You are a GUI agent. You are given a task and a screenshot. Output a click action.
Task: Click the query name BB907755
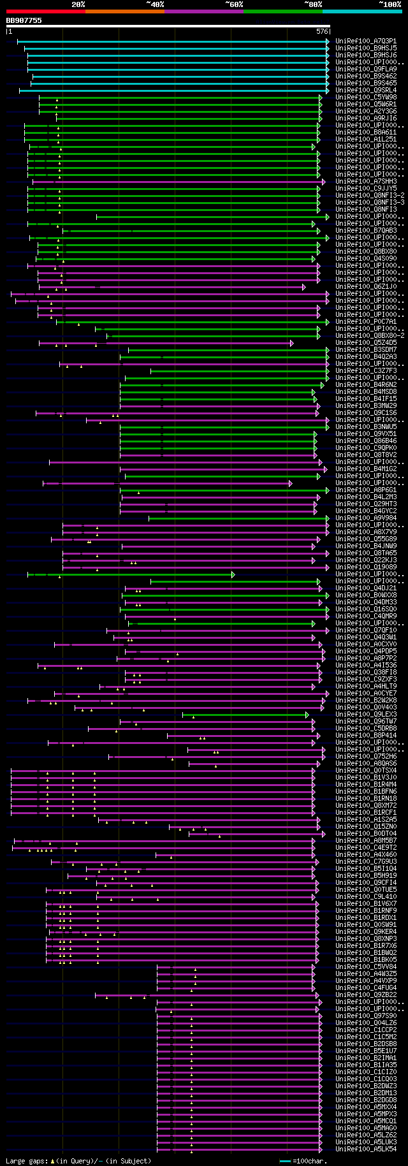pyautogui.click(x=24, y=20)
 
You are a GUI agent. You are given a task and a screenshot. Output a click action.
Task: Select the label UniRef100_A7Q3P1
pyautogui.click(x=366, y=41)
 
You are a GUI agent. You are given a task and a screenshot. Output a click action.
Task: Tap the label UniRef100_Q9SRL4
pyautogui.click(x=366, y=90)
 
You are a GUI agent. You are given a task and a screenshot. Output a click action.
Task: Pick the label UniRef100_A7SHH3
pyautogui.click(x=366, y=181)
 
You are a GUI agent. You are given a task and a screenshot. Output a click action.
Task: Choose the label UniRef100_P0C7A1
pyautogui.click(x=366, y=322)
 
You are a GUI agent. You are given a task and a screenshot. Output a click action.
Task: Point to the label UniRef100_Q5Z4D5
pyautogui.click(x=366, y=343)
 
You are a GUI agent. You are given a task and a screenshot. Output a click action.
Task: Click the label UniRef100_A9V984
pyautogui.click(x=366, y=518)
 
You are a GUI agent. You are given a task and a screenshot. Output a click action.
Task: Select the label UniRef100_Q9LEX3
pyautogui.click(x=366, y=715)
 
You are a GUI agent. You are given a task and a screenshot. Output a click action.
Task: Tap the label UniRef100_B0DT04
pyautogui.click(x=366, y=834)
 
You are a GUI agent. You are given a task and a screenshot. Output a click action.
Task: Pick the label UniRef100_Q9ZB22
pyautogui.click(x=366, y=995)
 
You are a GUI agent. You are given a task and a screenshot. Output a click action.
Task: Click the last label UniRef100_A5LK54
pyautogui.click(x=366, y=1149)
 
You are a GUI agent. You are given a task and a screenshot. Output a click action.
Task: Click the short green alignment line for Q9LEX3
pyautogui.click(x=245, y=715)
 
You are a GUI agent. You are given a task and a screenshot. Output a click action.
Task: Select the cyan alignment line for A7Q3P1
pyautogui.click(x=172, y=41)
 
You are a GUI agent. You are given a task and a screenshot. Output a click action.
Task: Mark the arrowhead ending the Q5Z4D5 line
pyautogui.click(x=291, y=343)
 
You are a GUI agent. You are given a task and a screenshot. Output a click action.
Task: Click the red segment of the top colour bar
pyautogui.click(x=45, y=11)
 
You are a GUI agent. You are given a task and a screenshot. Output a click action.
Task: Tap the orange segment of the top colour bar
pyautogui.click(x=124, y=11)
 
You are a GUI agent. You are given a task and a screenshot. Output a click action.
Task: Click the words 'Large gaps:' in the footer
pyautogui.click(x=26, y=1161)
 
